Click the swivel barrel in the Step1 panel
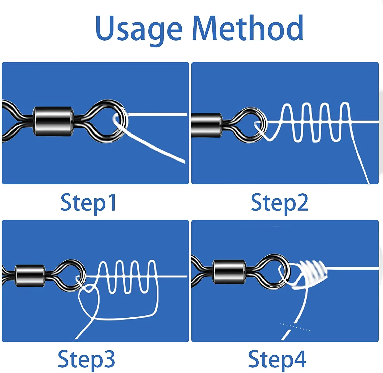tap(53, 121)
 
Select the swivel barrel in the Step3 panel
tap(30, 276)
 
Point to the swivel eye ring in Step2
tap(252, 125)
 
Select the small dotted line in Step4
tap(295, 327)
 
